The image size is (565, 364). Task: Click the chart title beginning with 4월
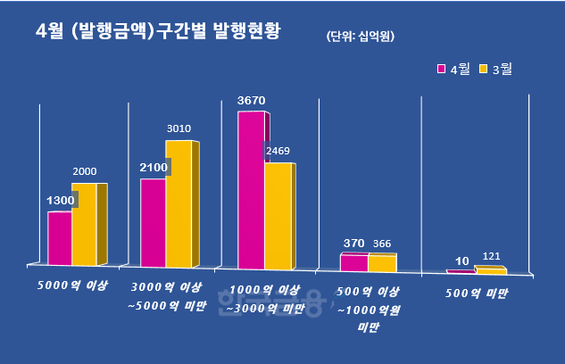tap(157, 32)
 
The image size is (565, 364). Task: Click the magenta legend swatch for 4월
tap(441, 68)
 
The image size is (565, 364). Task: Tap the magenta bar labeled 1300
tap(60, 238)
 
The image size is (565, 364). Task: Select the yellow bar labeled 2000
tap(85, 224)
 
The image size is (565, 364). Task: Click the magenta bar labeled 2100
tap(153, 222)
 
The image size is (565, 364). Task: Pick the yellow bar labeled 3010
tap(179, 203)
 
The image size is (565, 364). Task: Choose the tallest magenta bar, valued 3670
tap(251, 189)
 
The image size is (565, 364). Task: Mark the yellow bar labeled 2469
tap(278, 215)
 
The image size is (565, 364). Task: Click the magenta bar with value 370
tap(353, 262)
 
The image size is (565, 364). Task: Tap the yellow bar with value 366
tap(381, 262)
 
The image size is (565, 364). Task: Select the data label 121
tap(492, 257)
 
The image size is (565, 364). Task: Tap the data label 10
tap(461, 261)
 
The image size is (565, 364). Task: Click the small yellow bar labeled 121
tap(490, 269)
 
